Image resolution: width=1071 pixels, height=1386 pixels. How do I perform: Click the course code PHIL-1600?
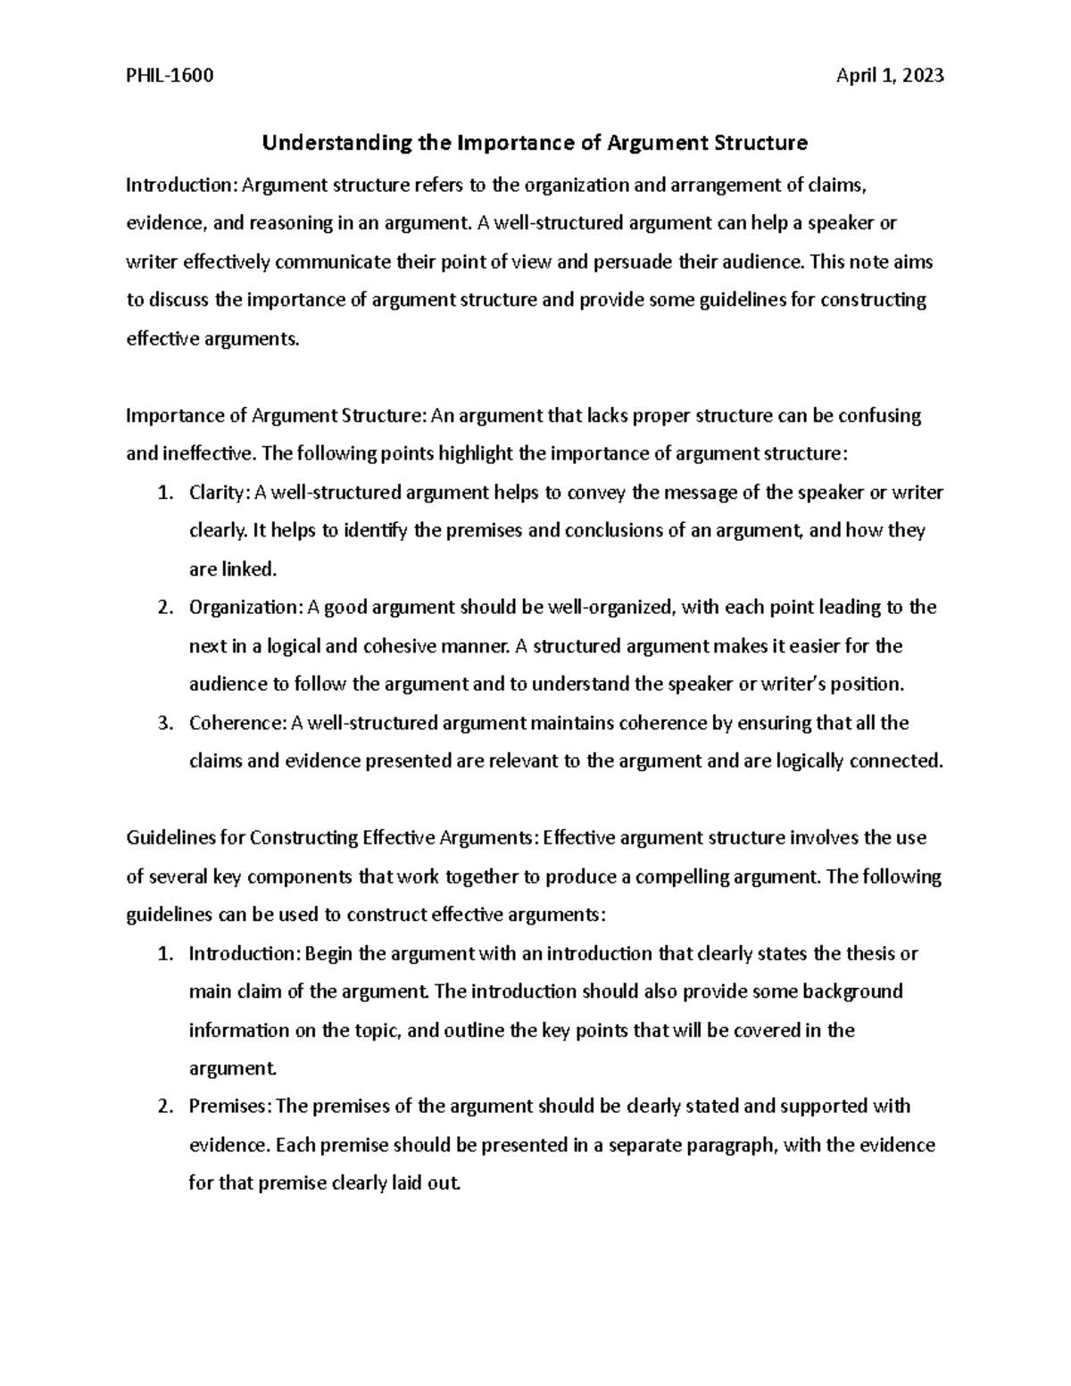[170, 76]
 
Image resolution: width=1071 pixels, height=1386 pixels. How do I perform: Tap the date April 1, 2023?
[889, 76]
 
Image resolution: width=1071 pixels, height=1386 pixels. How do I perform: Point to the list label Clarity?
[220, 493]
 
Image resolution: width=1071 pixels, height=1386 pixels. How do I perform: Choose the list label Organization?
[245, 608]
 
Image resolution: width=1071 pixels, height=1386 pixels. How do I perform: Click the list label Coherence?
[237, 723]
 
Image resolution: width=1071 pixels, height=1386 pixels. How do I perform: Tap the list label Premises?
[231, 1107]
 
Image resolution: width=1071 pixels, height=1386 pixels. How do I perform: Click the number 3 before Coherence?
[163, 723]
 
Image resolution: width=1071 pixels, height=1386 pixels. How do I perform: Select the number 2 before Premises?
[163, 1107]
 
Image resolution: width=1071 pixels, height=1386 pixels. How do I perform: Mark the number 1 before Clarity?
[163, 493]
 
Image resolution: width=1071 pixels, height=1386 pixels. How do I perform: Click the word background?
[852, 992]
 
